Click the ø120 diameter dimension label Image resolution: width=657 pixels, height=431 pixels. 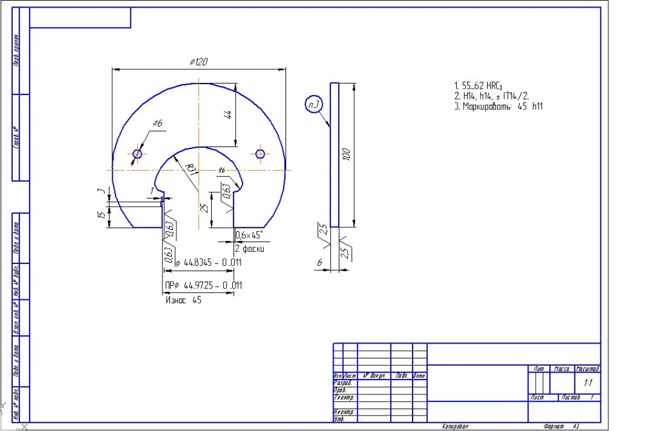click(x=198, y=62)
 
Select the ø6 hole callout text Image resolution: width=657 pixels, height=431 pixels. click(x=157, y=123)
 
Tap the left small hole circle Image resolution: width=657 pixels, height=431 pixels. click(x=137, y=154)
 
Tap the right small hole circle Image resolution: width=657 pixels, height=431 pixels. click(x=260, y=154)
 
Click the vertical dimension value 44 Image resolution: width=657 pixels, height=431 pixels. click(x=228, y=114)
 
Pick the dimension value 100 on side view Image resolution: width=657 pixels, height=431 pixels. click(x=346, y=155)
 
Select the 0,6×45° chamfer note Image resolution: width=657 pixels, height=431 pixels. click(x=250, y=235)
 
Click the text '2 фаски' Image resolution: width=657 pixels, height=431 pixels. click(x=249, y=249)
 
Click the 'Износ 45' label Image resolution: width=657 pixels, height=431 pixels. click(x=183, y=299)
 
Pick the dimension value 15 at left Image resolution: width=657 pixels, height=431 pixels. click(x=101, y=215)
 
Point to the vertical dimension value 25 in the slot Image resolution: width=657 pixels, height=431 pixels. click(x=204, y=207)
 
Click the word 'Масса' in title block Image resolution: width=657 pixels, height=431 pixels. click(x=563, y=369)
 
